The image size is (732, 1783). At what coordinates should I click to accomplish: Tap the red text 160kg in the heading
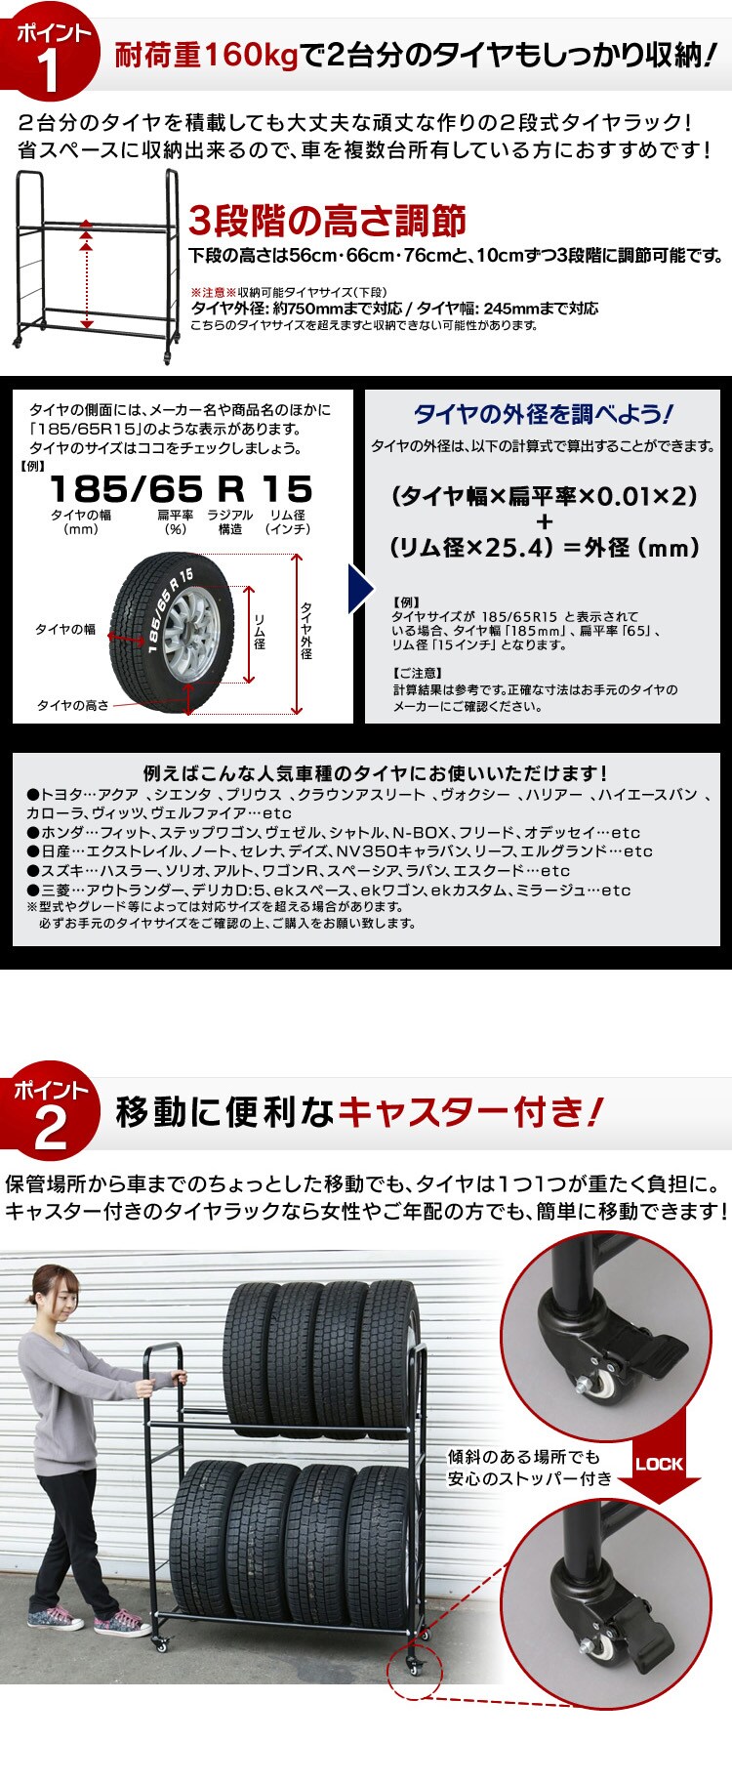(249, 57)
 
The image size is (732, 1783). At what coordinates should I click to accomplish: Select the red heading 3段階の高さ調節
(327, 221)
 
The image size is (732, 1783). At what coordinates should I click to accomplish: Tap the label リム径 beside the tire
(260, 631)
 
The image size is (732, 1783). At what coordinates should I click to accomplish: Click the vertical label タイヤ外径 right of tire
(306, 631)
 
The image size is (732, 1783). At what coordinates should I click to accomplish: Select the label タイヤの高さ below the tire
(73, 705)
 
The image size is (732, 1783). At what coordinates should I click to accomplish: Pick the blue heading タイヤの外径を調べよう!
(543, 414)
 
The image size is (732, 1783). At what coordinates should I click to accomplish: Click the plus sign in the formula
(544, 521)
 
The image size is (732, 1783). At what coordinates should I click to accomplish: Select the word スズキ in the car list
(61, 871)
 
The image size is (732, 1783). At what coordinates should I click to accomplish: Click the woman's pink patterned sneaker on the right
(121, 1623)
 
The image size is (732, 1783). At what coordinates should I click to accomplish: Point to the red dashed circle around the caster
(414, 1676)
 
